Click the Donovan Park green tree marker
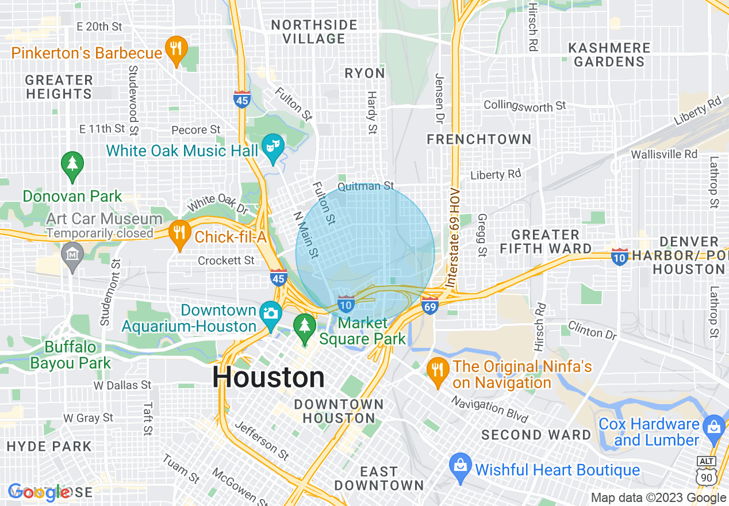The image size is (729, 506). click(x=72, y=165)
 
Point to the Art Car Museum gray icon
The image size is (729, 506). click(x=72, y=255)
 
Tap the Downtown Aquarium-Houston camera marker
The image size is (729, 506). click(x=271, y=314)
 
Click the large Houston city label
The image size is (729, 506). click(x=268, y=378)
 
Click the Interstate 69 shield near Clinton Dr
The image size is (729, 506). click(x=430, y=305)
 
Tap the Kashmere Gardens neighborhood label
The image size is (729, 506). click(x=609, y=55)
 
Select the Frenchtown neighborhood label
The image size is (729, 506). click(x=479, y=140)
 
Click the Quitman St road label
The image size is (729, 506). click(x=366, y=186)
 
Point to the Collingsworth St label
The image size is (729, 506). click(x=524, y=106)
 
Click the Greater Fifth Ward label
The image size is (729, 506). click(x=545, y=241)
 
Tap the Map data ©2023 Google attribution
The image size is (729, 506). click(x=659, y=498)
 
